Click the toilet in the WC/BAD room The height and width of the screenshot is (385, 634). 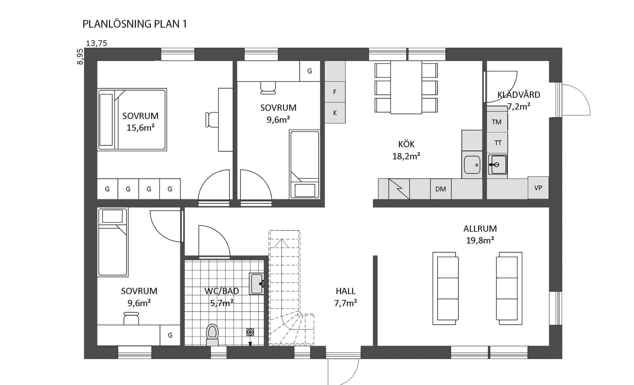click(212, 335)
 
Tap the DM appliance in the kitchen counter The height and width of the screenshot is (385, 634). click(441, 189)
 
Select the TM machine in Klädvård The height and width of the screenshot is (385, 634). click(497, 122)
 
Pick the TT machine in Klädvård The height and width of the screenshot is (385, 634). click(498, 143)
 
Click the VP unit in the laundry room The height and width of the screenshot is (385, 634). click(538, 188)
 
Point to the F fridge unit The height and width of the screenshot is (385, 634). click(335, 91)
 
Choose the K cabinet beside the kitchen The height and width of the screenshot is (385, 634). click(335, 113)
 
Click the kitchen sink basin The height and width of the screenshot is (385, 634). click(472, 165)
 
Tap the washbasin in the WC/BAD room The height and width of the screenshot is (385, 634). click(257, 284)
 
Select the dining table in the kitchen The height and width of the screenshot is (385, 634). click(406, 87)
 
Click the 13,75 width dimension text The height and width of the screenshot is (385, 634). click(96, 43)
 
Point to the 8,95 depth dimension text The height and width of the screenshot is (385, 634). click(80, 57)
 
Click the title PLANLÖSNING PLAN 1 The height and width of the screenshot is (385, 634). click(135, 24)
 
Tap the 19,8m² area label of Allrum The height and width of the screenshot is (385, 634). click(480, 241)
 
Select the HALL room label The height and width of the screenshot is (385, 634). click(346, 291)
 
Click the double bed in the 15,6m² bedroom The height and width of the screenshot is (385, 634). click(132, 120)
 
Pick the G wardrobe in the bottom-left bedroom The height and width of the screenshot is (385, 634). click(170, 335)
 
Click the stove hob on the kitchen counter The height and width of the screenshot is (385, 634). click(399, 189)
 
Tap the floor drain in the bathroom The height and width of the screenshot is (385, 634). click(250, 332)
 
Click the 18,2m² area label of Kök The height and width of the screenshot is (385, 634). click(406, 156)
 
